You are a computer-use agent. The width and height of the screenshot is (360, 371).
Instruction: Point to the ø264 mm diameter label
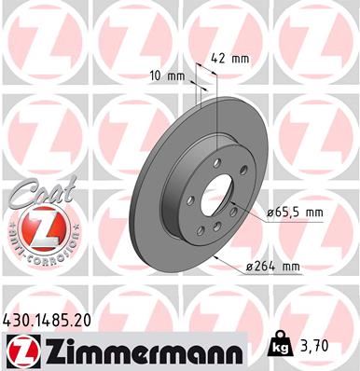tap(272, 268)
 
